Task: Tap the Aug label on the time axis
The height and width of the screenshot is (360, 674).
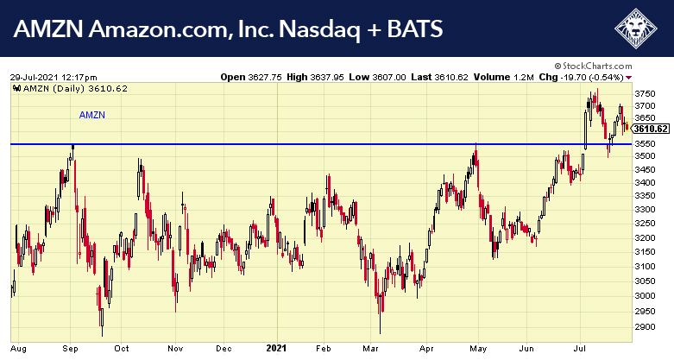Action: pyautogui.click(x=19, y=348)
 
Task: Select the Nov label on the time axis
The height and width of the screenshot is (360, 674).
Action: pyautogui.click(x=175, y=348)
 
